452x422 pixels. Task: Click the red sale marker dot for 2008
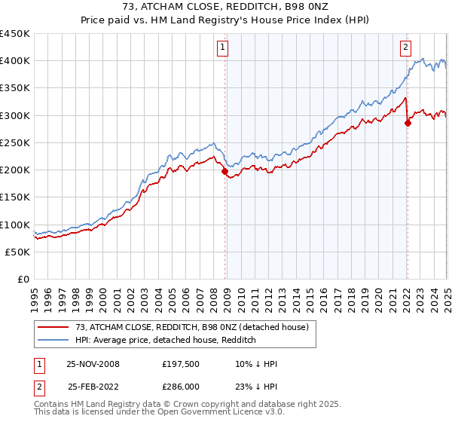[224, 171]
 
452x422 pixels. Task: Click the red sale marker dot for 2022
[408, 123]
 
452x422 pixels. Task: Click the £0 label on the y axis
[24, 280]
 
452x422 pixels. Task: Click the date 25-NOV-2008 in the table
[93, 364]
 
